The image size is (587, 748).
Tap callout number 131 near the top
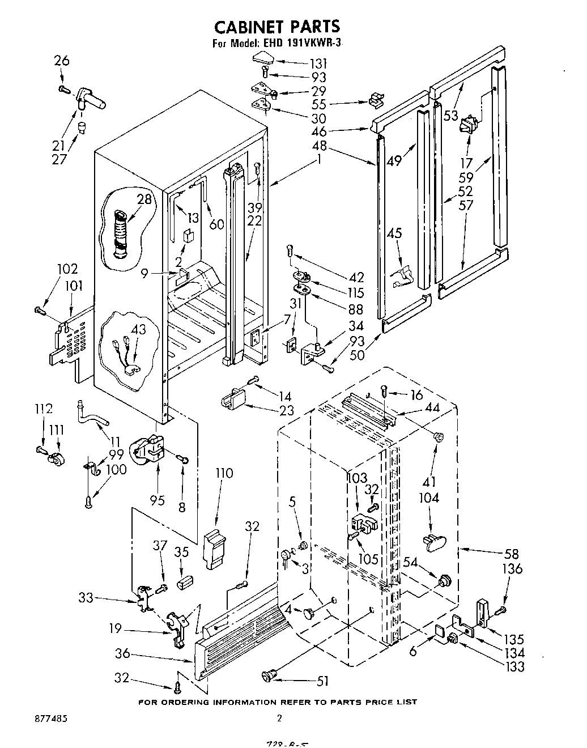click(x=317, y=64)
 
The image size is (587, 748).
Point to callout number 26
click(x=62, y=61)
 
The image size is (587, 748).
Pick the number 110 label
click(x=224, y=473)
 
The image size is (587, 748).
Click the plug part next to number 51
click(x=269, y=675)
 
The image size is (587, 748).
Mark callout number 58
click(x=511, y=554)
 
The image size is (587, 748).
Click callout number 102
click(x=67, y=269)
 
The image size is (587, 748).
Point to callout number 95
click(x=158, y=500)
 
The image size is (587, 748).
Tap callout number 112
click(x=44, y=409)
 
